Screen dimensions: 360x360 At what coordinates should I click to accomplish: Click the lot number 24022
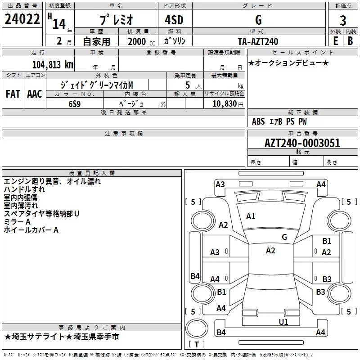[22, 19]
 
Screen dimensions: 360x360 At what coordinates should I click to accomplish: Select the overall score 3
[343, 20]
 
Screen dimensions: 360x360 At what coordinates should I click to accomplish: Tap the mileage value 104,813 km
[53, 65]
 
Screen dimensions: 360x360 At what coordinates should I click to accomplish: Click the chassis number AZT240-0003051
[302, 143]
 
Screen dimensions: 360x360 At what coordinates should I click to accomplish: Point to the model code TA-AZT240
[258, 41]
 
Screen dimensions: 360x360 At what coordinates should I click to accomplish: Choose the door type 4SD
[174, 20]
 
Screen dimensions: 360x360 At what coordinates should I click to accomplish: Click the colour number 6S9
[75, 104]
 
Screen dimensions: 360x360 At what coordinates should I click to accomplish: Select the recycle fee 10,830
[225, 103]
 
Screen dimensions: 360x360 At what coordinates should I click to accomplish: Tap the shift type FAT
[13, 94]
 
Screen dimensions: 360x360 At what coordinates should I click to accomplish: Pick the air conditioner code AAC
[35, 94]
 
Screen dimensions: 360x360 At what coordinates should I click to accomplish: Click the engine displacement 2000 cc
[141, 41]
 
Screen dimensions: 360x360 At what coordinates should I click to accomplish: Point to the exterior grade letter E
[336, 41]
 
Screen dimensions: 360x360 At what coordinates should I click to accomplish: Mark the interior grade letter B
[351, 41]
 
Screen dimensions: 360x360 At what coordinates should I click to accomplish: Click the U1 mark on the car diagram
[283, 322]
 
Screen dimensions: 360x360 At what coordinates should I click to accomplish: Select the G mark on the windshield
[284, 237]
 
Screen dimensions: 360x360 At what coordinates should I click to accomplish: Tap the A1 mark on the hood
[251, 216]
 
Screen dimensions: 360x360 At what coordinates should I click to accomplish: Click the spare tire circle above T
[197, 328]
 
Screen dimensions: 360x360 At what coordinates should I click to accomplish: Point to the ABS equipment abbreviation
[258, 121]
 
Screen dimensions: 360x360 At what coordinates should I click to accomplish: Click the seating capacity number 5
[188, 85]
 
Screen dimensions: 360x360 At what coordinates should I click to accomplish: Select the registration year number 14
[59, 24]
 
